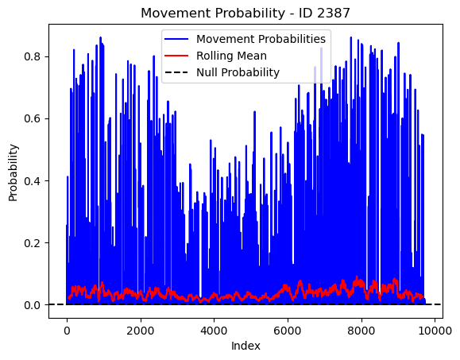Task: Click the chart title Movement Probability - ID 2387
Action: [245, 14]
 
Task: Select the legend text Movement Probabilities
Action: [261, 39]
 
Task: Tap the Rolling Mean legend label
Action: [231, 56]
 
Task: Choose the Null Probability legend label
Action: [238, 72]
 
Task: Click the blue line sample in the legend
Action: [176, 39]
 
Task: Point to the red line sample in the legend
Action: [176, 56]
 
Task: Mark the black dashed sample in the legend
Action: [176, 72]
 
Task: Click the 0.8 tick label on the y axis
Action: [33, 56]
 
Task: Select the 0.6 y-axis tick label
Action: [33, 119]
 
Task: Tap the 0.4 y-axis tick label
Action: [33, 180]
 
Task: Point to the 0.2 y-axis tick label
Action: [33, 243]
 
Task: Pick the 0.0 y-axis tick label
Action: [33, 305]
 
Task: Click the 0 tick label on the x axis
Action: [68, 331]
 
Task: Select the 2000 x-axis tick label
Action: [141, 331]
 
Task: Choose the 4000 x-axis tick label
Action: [215, 331]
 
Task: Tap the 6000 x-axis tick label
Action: [288, 331]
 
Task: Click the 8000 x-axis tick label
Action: [361, 331]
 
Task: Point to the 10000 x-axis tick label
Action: [435, 331]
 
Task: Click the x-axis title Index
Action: [245, 346]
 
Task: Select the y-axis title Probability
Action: [14, 172]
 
